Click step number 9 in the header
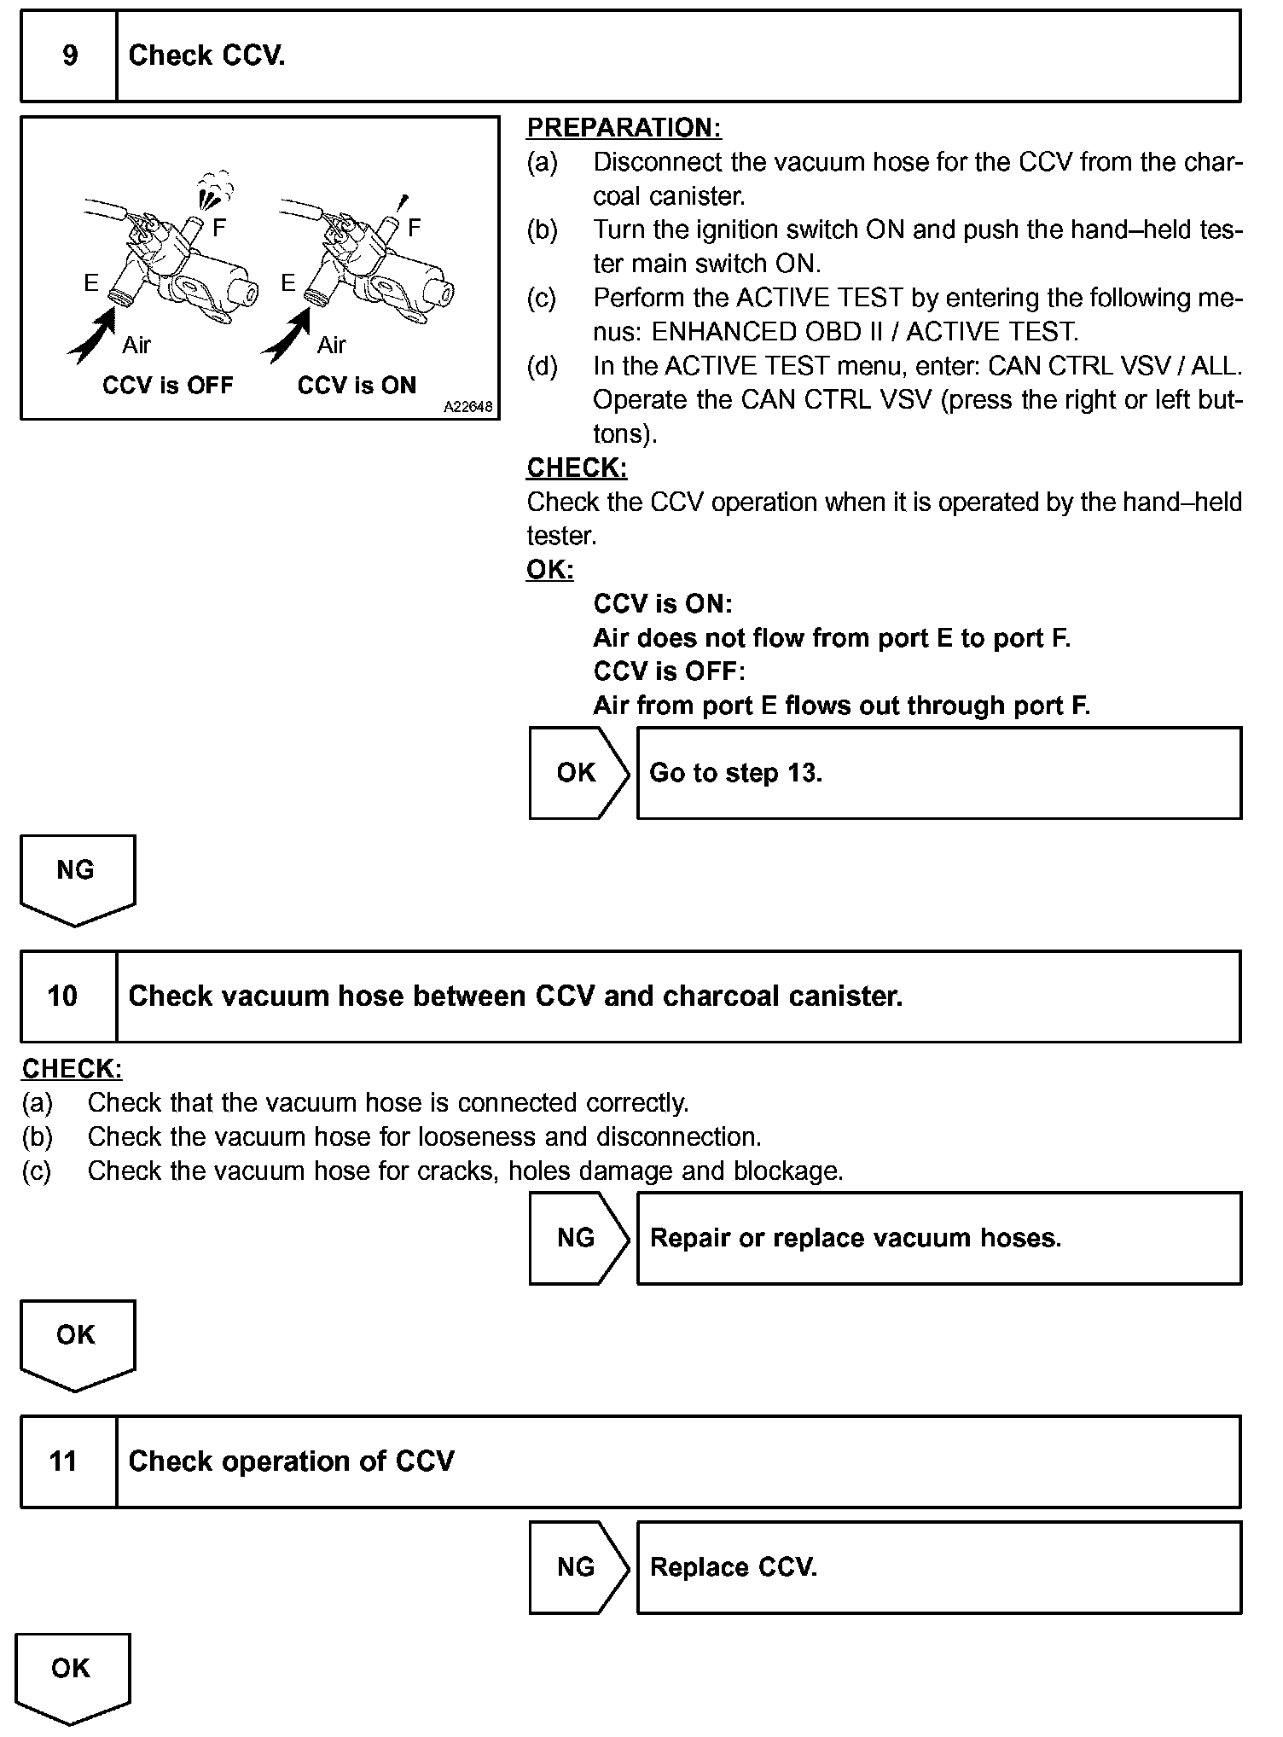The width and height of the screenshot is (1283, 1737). pos(69,56)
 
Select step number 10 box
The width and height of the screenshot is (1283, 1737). pos(63,996)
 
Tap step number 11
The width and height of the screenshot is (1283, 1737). pos(63,1461)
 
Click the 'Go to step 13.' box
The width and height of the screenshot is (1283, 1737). pos(938,773)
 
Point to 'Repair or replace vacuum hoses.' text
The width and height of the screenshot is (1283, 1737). pos(856,1238)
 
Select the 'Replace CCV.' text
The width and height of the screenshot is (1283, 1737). pos(734,1567)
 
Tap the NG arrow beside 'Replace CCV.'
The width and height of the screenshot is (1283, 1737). pos(578,1567)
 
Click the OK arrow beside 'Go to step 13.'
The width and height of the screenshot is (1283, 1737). pos(578,773)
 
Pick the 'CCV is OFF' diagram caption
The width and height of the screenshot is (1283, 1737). pos(167,386)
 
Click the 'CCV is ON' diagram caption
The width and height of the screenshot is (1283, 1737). pos(357,386)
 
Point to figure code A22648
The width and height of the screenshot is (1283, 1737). pos(467,408)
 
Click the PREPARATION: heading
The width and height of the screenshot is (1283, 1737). pos(624,128)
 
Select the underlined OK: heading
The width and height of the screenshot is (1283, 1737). pos(549,570)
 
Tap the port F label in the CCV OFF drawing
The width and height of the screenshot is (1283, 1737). pos(219,228)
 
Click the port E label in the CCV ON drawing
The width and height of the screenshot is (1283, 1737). pos(288,283)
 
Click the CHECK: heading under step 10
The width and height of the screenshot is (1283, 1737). pos(72,1069)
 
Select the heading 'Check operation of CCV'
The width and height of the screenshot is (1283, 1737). pos(291,1461)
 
